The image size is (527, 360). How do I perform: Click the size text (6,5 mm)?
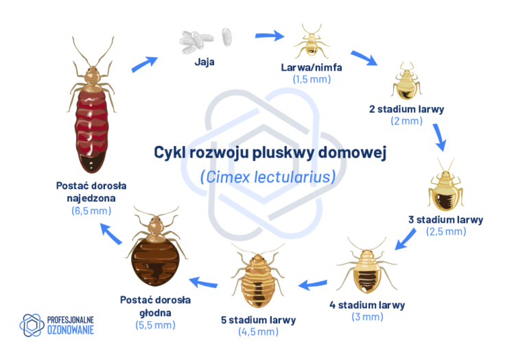[x=91, y=211]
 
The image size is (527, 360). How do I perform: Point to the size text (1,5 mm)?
[x=312, y=80]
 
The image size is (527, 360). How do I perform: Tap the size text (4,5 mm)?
[x=258, y=332]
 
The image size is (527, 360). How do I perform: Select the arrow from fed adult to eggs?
[x=143, y=63]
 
